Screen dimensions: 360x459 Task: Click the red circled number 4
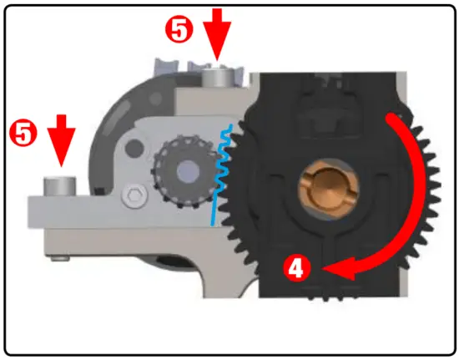[x=298, y=268]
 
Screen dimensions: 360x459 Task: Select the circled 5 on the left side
[x=23, y=132]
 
